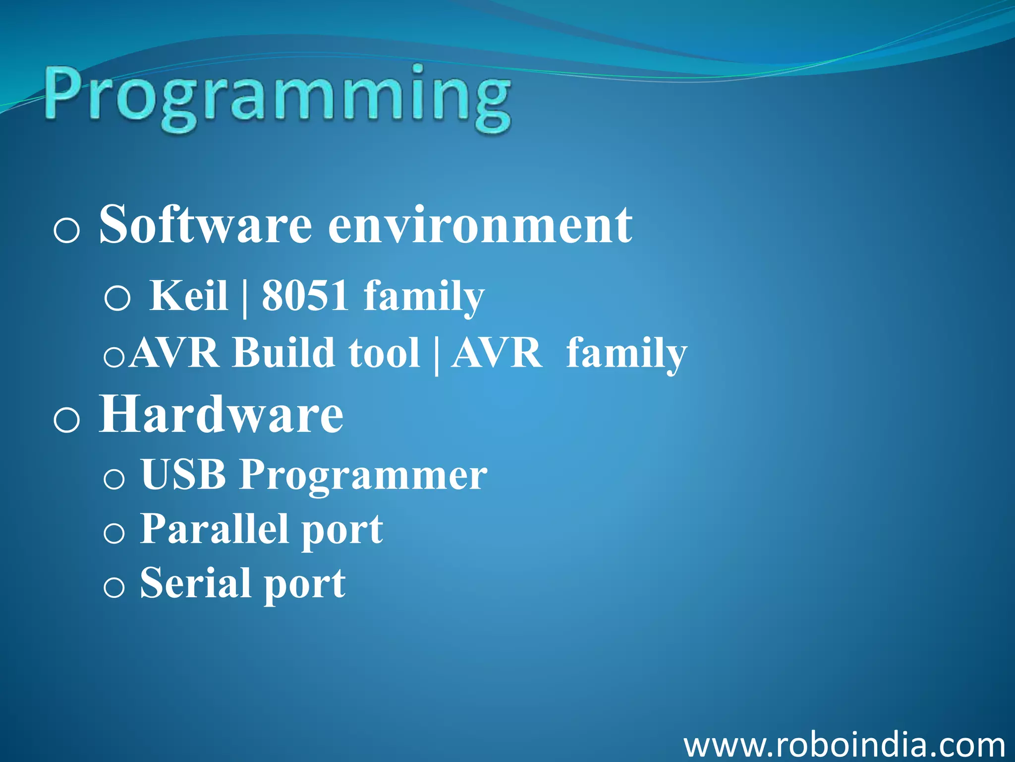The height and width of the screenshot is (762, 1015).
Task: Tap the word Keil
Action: pyautogui.click(x=188, y=296)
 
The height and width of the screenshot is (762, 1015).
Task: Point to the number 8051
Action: pyautogui.click(x=305, y=296)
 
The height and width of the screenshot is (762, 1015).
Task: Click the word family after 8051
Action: pyautogui.click(x=424, y=298)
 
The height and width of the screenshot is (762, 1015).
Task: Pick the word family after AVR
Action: pyautogui.click(x=626, y=354)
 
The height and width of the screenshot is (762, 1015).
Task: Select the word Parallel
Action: pyautogui.click(x=214, y=529)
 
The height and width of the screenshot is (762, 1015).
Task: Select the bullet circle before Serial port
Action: pyautogui.click(x=114, y=588)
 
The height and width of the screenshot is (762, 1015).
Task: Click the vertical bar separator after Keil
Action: pyautogui.click(x=244, y=298)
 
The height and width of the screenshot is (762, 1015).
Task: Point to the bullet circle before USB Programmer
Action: pyautogui.click(x=114, y=479)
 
